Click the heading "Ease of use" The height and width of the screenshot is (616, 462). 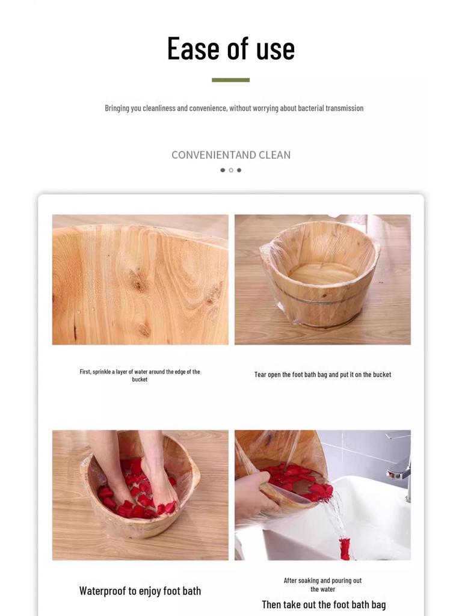tap(231, 49)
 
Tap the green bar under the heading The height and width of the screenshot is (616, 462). tap(230, 80)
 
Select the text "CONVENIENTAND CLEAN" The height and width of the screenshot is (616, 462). tap(231, 155)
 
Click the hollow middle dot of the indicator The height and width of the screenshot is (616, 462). tap(231, 170)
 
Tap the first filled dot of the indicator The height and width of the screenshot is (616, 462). tap(223, 170)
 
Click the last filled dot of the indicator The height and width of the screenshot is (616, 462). tap(239, 170)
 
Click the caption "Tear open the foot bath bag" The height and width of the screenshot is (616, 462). tap(322, 375)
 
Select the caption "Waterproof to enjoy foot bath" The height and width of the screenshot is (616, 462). tap(140, 591)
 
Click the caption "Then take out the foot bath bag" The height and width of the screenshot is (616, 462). tap(324, 605)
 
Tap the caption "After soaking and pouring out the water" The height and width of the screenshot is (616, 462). tap(322, 585)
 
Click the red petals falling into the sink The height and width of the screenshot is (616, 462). tap(345, 548)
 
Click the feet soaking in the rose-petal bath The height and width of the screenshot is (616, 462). tap(135, 475)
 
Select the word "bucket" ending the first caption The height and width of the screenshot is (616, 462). tap(140, 380)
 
